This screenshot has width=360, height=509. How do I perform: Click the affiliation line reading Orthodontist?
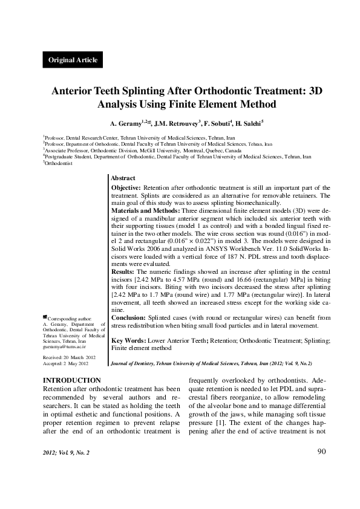58,163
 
